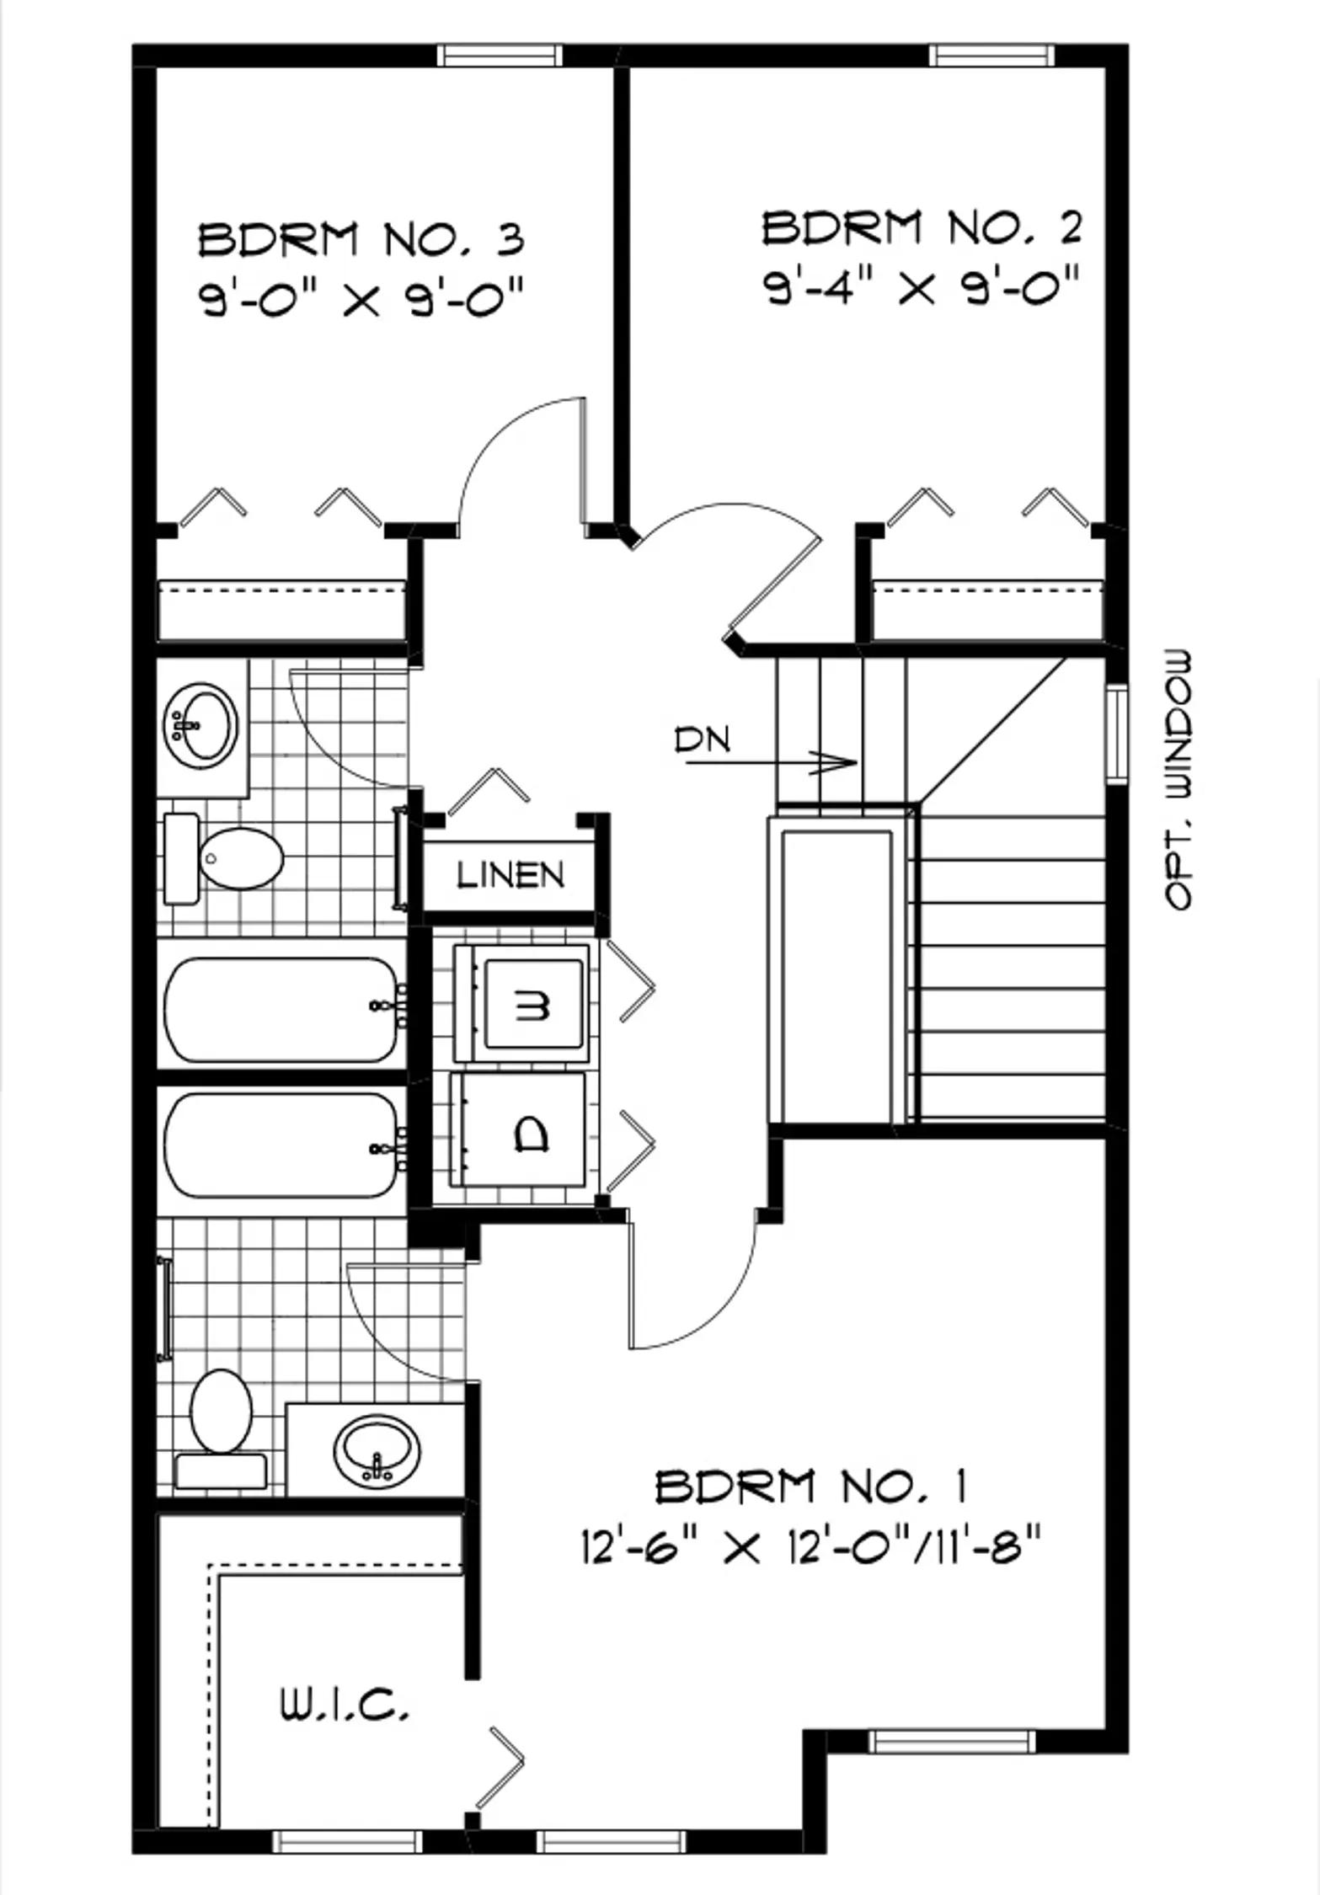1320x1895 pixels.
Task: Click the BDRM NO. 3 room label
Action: click(x=361, y=239)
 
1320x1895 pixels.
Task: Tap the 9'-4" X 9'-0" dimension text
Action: click(x=922, y=289)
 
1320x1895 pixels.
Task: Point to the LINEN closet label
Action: click(x=510, y=875)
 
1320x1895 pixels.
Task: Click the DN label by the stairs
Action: click(x=702, y=739)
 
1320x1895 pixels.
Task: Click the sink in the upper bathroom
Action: click(x=202, y=725)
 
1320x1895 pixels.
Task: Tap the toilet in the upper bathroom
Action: click(x=223, y=858)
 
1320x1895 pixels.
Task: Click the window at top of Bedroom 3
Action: click(x=499, y=56)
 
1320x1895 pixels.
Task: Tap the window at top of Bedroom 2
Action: click(x=991, y=56)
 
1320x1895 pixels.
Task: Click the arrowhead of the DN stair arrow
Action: click(x=838, y=763)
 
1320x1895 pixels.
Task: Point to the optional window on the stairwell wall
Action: click(x=1117, y=734)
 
